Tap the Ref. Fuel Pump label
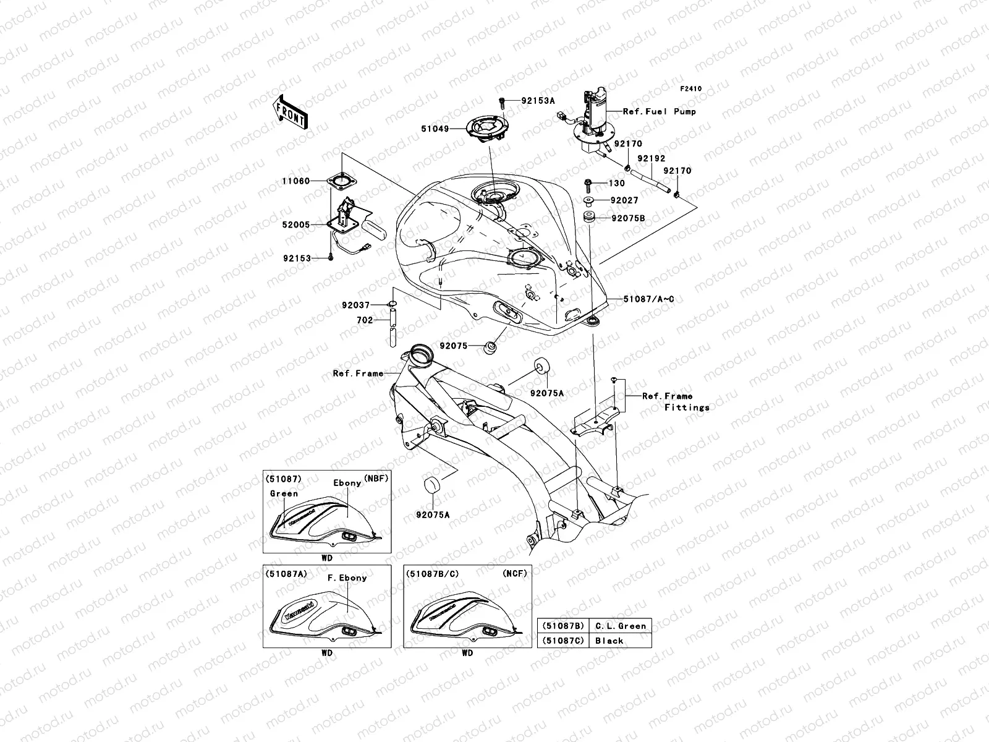[659, 111]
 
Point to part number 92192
[652, 158]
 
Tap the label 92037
[355, 305]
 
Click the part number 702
[365, 320]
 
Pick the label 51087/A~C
[648, 299]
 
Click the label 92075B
[628, 218]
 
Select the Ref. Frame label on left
[358, 373]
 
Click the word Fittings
[687, 407]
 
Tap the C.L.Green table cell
[620, 626]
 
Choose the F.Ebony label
[347, 578]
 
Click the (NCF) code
[514, 573]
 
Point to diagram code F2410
[691, 89]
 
